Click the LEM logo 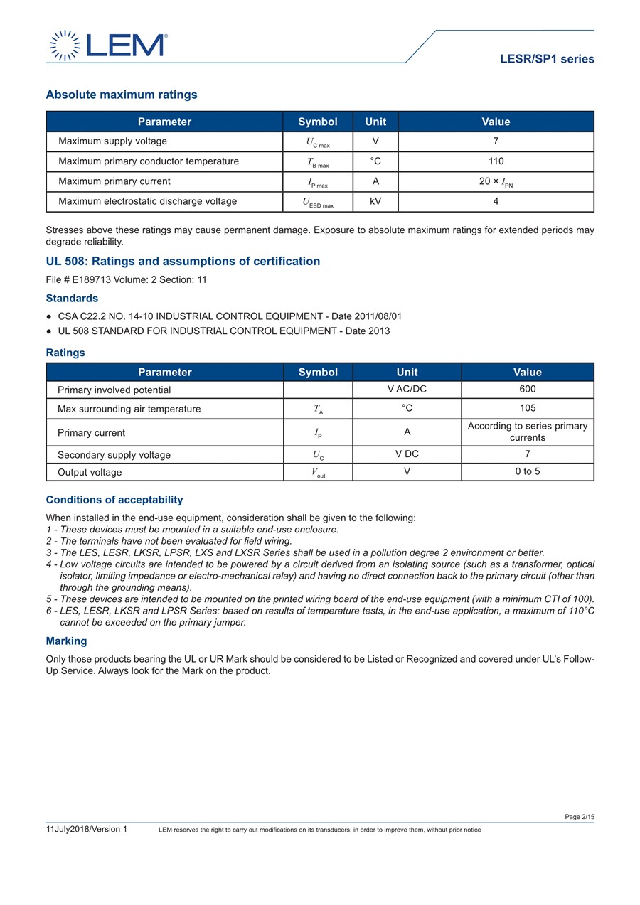click(x=107, y=45)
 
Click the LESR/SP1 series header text click(x=547, y=59)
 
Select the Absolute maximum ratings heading click(x=122, y=95)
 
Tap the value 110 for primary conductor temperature click(x=496, y=161)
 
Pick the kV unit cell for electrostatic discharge click(x=375, y=201)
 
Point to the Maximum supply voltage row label click(x=112, y=141)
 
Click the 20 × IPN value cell click(x=496, y=181)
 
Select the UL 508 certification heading click(x=183, y=261)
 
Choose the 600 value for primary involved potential click(x=527, y=389)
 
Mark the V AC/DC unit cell click(x=407, y=389)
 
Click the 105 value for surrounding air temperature click(x=527, y=408)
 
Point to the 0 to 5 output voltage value click(x=527, y=471)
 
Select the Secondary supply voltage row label click(x=114, y=455)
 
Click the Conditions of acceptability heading click(x=114, y=500)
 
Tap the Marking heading click(x=66, y=641)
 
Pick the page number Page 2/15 click(x=579, y=817)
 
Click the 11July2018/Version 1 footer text click(x=86, y=829)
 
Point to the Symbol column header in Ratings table click(x=318, y=372)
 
